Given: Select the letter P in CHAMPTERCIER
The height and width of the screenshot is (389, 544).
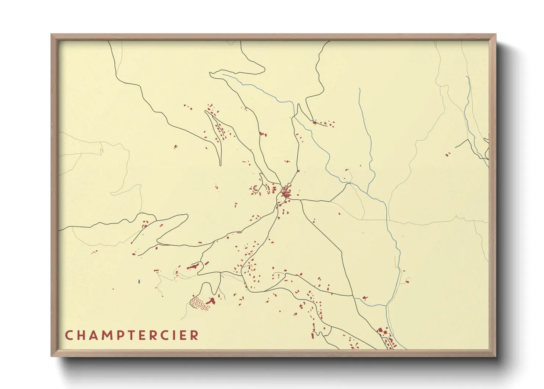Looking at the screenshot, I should [x=120, y=335].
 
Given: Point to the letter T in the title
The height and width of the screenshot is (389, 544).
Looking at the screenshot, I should [x=132, y=335].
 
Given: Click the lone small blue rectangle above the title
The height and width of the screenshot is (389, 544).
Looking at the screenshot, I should [x=139, y=282].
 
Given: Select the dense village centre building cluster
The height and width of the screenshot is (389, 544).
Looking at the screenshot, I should [x=286, y=192].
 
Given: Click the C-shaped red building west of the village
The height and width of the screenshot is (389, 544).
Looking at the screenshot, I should [x=255, y=189].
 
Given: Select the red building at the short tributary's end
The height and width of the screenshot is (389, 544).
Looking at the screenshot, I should [x=365, y=297].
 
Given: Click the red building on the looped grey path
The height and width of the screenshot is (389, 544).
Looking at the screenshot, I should [x=408, y=282].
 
